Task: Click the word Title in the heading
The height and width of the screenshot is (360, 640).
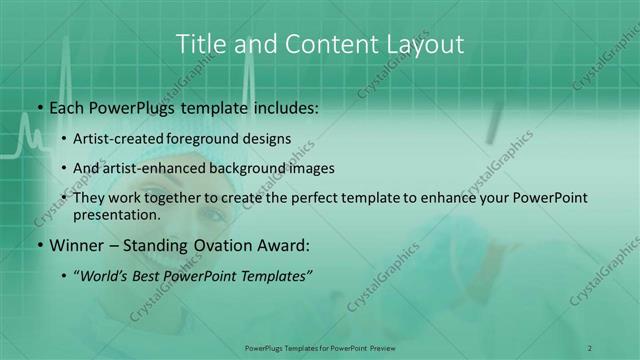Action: (x=199, y=44)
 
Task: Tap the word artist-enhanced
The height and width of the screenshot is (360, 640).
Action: (x=152, y=168)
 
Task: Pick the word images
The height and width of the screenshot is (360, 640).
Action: (x=313, y=168)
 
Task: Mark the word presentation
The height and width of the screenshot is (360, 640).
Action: (x=117, y=214)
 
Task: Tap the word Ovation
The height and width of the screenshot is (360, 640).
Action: (x=222, y=245)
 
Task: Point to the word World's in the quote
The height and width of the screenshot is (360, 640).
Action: (x=105, y=276)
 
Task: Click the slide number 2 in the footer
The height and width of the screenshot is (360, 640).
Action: (x=590, y=347)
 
